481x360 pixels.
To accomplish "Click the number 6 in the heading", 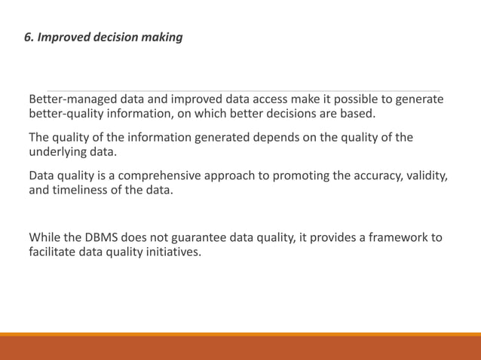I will [x=29, y=36].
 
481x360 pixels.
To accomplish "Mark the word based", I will [x=356, y=114].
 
